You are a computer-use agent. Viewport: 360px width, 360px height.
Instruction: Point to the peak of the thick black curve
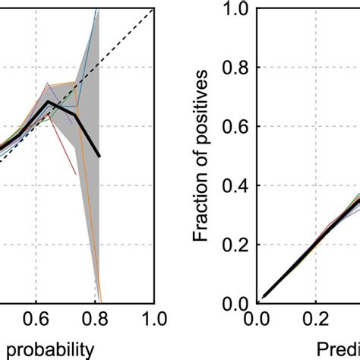pos(49,102)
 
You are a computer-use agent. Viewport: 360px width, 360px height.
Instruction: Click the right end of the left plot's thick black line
pos(99,157)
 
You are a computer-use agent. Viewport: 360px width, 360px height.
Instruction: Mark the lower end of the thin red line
pos(77,176)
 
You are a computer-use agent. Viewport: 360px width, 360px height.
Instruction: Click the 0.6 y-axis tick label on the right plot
pos(234,127)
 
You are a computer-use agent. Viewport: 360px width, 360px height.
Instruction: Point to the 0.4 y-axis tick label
pos(234,185)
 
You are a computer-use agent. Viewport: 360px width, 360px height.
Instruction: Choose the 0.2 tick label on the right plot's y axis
pos(234,245)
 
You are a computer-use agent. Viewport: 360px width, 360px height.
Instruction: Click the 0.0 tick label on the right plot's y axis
pos(234,303)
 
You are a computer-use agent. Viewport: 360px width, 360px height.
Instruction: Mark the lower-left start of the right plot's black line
pos(264,297)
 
